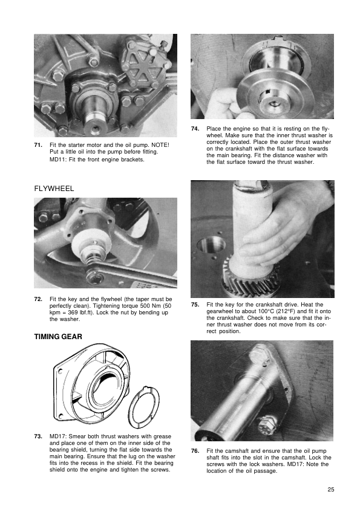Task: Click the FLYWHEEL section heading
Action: point(54,189)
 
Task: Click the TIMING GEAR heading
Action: point(58,337)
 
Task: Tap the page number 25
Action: point(331,490)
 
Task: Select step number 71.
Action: point(38,145)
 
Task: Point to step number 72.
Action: point(38,299)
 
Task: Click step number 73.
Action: point(38,436)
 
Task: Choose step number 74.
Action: point(195,129)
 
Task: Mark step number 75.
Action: point(195,305)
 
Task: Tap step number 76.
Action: point(195,451)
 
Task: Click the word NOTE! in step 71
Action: point(160,145)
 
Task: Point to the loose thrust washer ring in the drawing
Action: point(143,407)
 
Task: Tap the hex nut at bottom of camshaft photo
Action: point(267,426)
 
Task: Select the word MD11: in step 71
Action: point(58,160)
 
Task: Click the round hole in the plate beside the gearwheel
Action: point(211,245)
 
